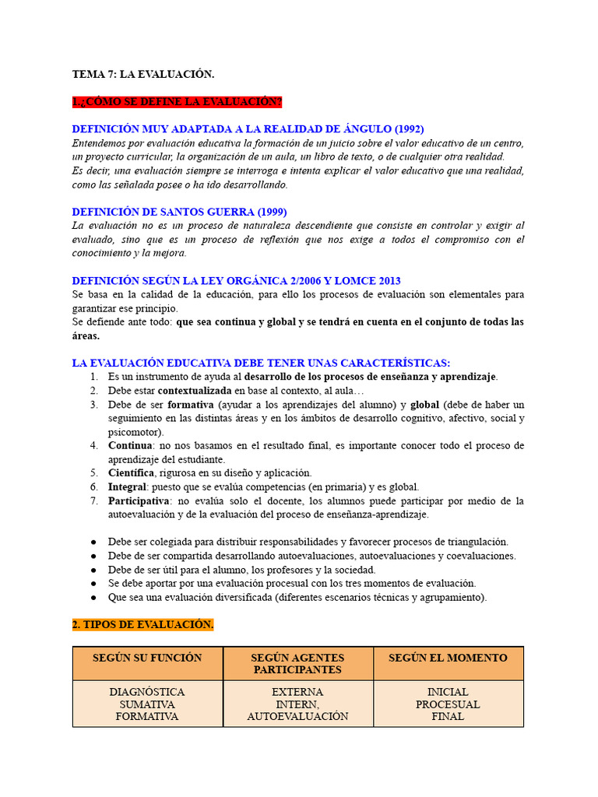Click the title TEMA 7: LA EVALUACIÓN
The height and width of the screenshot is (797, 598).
point(142,74)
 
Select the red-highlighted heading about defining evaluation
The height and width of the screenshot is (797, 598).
point(177,102)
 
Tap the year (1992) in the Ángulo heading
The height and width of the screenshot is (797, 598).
point(408,129)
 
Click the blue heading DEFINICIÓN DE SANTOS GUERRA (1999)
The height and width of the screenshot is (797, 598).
point(179,212)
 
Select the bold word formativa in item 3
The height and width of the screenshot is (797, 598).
point(191,405)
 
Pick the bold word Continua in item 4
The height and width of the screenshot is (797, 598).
point(130,446)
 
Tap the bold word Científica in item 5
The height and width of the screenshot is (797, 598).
point(132,473)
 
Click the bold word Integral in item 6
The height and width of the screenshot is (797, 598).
point(127,487)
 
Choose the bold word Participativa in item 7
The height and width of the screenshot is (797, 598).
point(138,501)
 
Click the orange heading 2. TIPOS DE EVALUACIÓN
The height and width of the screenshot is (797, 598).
point(142,625)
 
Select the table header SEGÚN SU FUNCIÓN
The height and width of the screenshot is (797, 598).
point(147,658)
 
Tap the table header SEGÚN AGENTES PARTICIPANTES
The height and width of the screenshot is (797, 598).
point(297,664)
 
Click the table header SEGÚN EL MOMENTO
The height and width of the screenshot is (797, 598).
point(448,658)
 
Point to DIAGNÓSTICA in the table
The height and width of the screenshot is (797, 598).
point(147,692)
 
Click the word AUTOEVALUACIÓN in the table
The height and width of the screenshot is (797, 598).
point(297,717)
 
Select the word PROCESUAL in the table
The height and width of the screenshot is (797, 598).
point(448,704)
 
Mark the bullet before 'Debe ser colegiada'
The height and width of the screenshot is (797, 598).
point(93,542)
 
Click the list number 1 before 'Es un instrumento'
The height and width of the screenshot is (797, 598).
point(93,377)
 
